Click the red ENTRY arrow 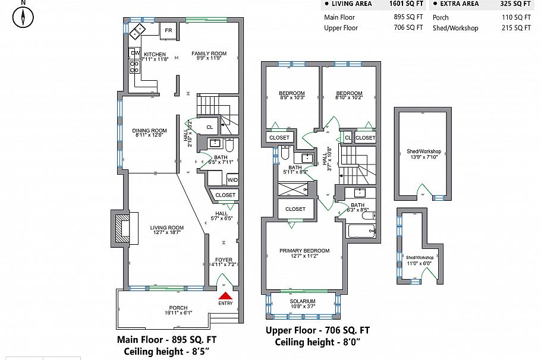[225, 295]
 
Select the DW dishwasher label [134, 53]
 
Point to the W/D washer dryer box [232, 179]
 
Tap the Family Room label [205, 54]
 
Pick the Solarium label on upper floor [303, 302]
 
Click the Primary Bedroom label [304, 251]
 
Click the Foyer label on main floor [224, 260]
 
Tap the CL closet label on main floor [209, 127]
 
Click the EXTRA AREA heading [460, 4]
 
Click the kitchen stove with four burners [134, 67]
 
